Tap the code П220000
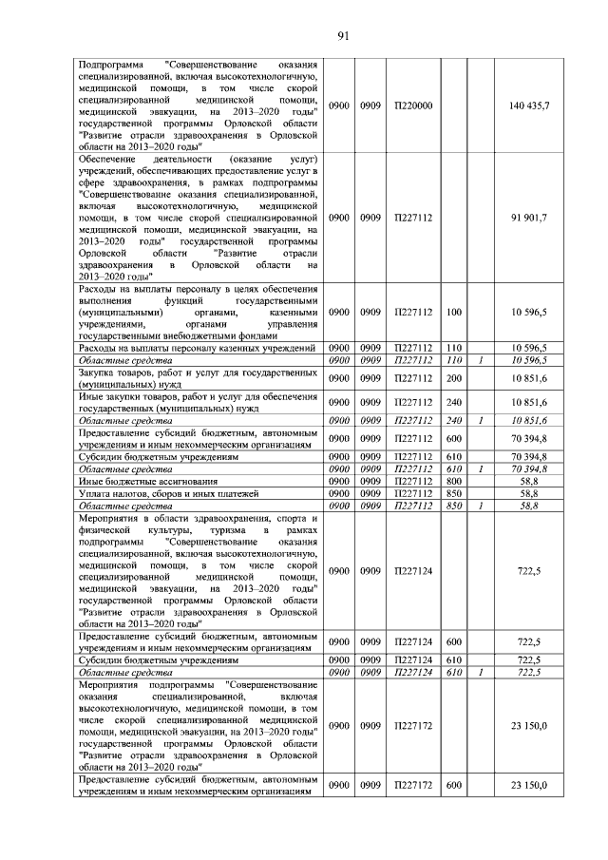point(413,105)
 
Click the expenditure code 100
point(453,312)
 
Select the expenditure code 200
point(453,378)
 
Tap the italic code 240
point(453,419)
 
